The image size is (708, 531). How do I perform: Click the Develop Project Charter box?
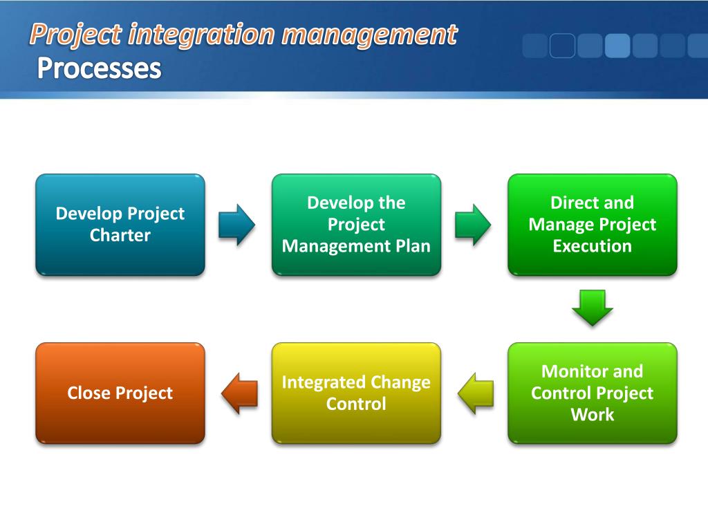[120, 225]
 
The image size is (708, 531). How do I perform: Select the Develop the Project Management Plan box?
[356, 225]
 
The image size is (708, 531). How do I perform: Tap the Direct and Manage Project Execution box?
[593, 225]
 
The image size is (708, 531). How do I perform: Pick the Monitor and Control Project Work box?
[593, 393]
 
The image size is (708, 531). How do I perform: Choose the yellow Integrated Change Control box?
[356, 393]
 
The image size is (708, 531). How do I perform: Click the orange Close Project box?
[120, 393]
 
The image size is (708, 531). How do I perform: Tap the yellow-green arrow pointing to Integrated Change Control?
[476, 393]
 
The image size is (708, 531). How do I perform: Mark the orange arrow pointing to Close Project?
[239, 393]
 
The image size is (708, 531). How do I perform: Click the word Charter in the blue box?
[120, 235]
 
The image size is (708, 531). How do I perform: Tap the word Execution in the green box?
[593, 246]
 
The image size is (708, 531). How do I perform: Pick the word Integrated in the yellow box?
[324, 382]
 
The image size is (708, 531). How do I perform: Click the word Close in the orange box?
[88, 393]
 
